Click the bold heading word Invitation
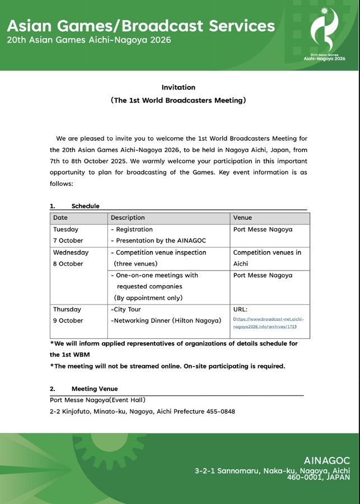click(179, 87)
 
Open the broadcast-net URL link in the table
click(268, 323)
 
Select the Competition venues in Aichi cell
click(267, 258)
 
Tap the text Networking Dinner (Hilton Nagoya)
click(166, 320)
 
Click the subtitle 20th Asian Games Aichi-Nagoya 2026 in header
click(89, 40)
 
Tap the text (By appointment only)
click(148, 298)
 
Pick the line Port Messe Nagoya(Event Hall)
click(97, 400)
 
